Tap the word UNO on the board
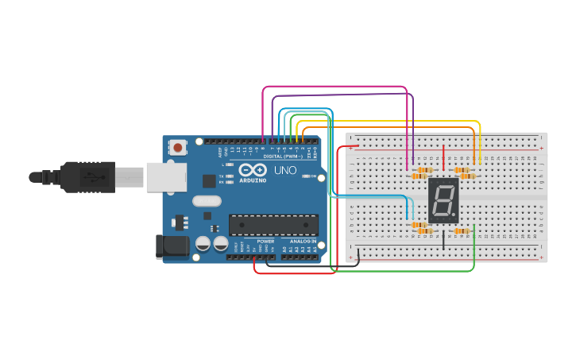pyautogui.click(x=285, y=170)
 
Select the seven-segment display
pyautogui.click(x=443, y=199)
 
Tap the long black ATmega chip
pyautogui.click(x=273, y=225)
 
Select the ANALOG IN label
pyautogui.click(x=303, y=241)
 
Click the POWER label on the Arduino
pyautogui.click(x=265, y=241)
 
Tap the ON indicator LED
pyautogui.click(x=305, y=176)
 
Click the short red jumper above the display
pyautogui.click(x=443, y=157)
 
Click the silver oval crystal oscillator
pyautogui.click(x=206, y=201)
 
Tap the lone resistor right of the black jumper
pyautogui.click(x=461, y=231)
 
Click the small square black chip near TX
pyautogui.click(x=209, y=180)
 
